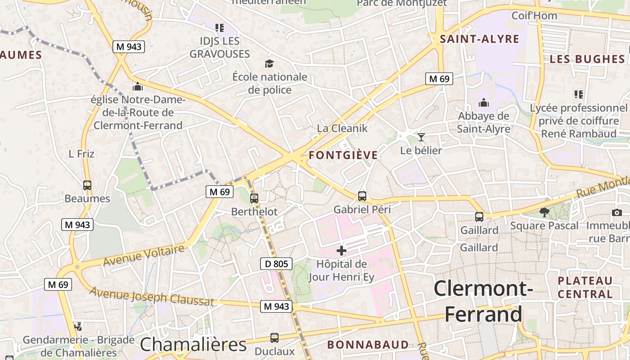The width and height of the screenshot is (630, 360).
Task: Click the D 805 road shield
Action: coord(276,264)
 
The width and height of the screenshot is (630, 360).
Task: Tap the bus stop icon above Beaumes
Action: coord(87,185)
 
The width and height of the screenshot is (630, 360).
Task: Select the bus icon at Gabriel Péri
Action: coord(362,196)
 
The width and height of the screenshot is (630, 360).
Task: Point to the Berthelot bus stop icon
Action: coord(254,198)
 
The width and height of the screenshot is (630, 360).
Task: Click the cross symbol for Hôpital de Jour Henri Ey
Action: coord(342,251)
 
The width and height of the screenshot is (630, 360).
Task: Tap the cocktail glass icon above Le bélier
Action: coord(421,137)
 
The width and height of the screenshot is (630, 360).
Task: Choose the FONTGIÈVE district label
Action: coord(343,156)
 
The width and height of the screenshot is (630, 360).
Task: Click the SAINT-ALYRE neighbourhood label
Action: coord(480,39)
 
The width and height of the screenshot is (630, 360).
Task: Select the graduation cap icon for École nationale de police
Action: coord(269,64)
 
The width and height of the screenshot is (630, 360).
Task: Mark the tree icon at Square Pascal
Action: coord(544,212)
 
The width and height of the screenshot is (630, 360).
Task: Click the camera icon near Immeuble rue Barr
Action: coord(617,212)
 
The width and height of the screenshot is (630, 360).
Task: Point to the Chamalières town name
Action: coord(193,345)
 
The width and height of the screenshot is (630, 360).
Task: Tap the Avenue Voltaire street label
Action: coord(144,255)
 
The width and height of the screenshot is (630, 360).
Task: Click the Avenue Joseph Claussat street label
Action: coord(151,297)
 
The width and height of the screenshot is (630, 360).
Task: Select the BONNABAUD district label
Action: coord(368,345)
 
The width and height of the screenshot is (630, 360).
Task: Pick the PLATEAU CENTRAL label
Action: coord(585,288)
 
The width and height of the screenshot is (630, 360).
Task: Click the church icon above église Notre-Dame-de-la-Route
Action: coord(138,86)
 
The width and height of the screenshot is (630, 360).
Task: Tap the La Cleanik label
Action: coord(342,128)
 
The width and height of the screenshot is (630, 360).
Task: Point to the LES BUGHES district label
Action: coord(587,59)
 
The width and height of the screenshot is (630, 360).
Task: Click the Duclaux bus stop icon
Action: coord(274,337)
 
